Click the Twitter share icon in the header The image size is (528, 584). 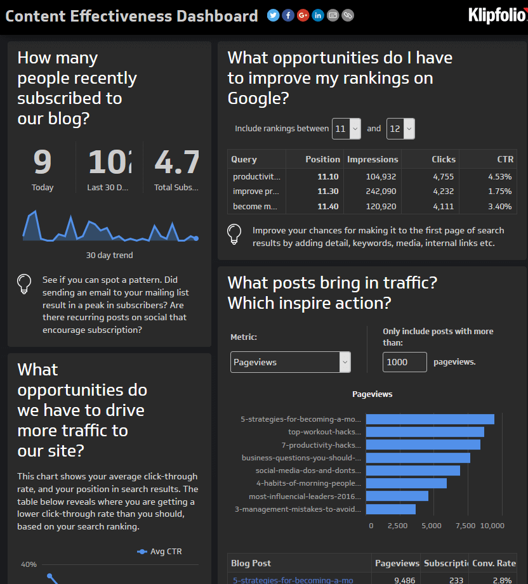click(274, 15)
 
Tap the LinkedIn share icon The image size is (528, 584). click(318, 15)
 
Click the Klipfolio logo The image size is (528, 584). click(497, 15)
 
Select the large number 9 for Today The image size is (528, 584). click(43, 162)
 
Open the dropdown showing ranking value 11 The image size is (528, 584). click(346, 129)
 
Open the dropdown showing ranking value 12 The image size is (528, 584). click(400, 129)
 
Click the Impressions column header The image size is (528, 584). click(373, 159)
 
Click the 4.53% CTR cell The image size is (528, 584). click(499, 176)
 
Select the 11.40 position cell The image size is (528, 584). click(327, 207)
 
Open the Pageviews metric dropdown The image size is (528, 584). click(290, 362)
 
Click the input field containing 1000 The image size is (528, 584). click(405, 362)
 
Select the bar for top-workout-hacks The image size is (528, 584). click(425, 432)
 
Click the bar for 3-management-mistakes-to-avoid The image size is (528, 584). click(390, 509)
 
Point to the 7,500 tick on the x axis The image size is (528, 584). click(465, 526)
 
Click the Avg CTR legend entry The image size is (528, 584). click(160, 552)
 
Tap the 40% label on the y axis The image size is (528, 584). click(29, 564)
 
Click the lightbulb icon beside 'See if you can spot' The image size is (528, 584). click(25, 283)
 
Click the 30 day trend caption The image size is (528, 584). click(109, 256)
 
